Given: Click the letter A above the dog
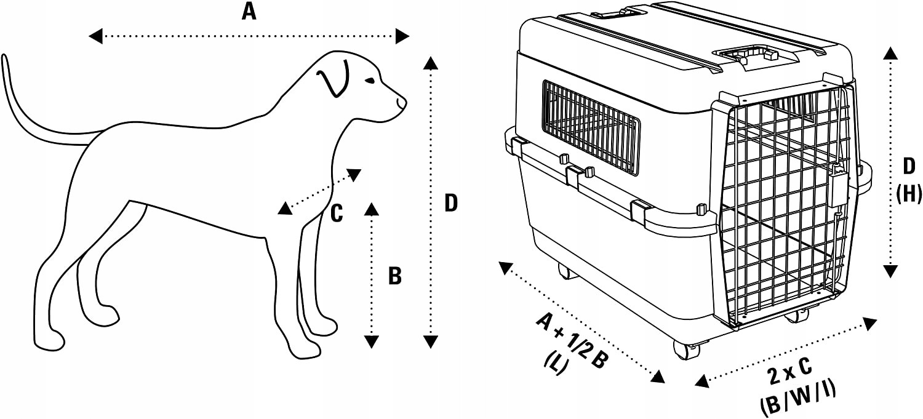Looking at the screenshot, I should (249, 12).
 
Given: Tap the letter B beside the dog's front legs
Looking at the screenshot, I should (395, 277).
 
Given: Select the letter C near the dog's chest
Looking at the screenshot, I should (336, 213).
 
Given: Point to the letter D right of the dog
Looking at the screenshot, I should (451, 203).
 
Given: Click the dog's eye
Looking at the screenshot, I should (369, 81).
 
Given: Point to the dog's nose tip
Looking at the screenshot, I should (404, 102).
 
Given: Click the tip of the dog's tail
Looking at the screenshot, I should (6, 58).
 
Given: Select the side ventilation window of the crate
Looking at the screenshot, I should (591, 126).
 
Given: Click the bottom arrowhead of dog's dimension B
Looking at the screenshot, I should (371, 341).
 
